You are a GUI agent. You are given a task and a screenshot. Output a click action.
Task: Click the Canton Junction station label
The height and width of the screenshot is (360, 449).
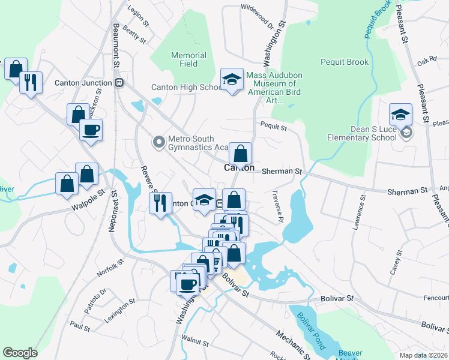click(85, 83)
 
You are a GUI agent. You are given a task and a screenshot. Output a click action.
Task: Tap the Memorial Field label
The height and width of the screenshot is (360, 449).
click(188, 59)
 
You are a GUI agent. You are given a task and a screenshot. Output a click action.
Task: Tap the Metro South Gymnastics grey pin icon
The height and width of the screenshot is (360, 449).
click(158, 142)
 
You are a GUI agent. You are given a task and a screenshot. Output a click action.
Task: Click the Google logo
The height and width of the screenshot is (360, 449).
click(20, 352)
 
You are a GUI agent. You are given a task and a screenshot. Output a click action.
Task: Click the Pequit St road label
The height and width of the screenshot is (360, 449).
click(274, 127)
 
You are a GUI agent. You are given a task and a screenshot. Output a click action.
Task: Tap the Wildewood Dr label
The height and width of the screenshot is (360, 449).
click(257, 8)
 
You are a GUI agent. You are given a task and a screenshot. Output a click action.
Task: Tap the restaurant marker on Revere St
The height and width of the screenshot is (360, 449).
click(160, 203)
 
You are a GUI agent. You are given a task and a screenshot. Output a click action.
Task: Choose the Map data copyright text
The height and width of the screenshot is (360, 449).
click(424, 355)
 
